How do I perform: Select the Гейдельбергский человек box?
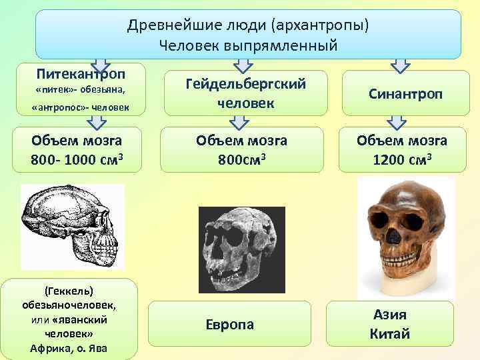coord(246,93)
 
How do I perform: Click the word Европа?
coord(229,324)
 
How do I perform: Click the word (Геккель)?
coord(69,291)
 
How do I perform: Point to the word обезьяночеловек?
coord(69,305)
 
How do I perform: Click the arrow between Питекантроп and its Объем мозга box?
coord(98,121)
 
